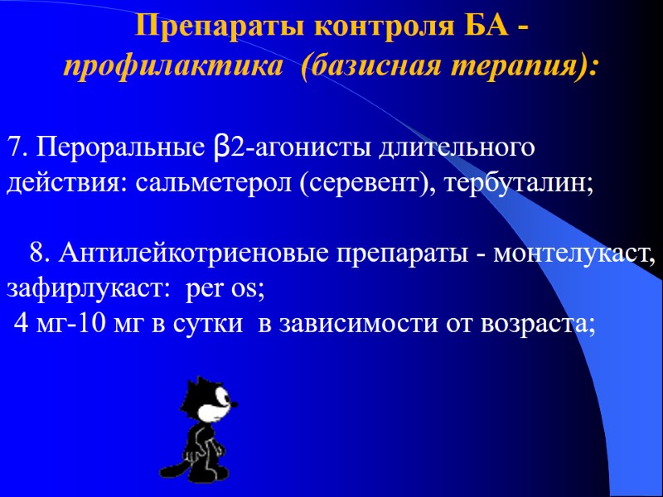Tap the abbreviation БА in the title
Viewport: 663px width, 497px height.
click(x=482, y=28)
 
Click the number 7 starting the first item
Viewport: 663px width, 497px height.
click(x=14, y=149)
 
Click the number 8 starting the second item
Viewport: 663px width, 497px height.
click(x=38, y=251)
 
